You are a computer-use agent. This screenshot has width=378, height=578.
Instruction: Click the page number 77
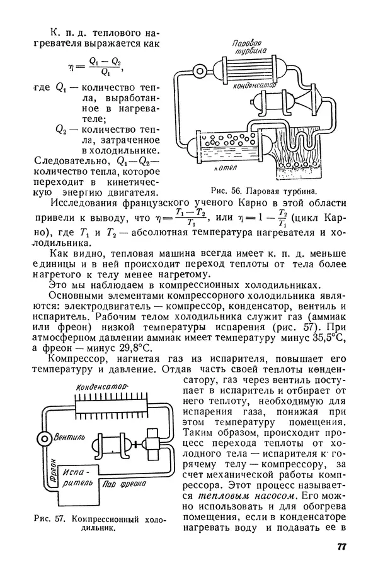342,547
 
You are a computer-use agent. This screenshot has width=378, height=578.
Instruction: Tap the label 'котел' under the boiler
225,168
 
